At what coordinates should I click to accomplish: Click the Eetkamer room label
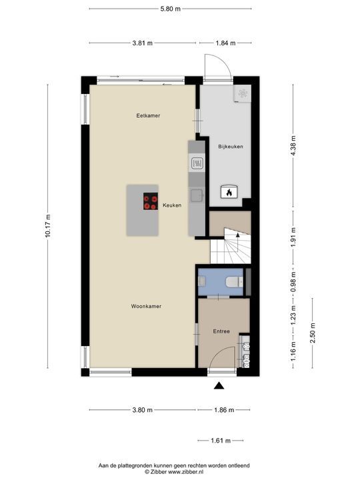click(148, 115)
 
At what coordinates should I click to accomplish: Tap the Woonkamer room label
click(147, 306)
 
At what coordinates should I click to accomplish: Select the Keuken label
click(171, 205)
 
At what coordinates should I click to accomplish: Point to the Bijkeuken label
click(230, 145)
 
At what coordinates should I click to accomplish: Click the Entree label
click(221, 331)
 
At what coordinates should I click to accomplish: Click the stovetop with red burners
click(151, 201)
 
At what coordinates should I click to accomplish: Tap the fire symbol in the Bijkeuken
click(227, 192)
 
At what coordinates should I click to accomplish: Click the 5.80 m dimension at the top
click(170, 9)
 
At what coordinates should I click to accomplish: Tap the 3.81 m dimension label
click(141, 43)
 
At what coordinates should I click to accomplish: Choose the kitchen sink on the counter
click(197, 195)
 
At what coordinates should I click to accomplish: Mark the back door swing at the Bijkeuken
click(217, 65)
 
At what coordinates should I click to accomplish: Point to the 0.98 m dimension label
click(293, 281)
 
